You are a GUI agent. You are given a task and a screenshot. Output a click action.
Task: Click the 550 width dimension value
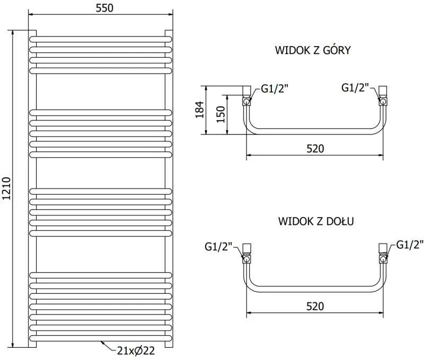click(x=104, y=8)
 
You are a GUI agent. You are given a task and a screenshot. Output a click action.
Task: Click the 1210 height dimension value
click(x=6, y=188)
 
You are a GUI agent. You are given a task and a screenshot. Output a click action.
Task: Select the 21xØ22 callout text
click(x=136, y=350)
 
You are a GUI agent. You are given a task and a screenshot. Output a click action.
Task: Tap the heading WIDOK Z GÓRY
click(x=313, y=50)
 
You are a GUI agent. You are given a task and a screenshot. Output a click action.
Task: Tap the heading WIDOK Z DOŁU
click(x=316, y=221)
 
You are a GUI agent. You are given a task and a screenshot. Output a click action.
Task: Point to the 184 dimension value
click(x=200, y=110)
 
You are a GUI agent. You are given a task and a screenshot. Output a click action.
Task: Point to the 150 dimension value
click(x=220, y=114)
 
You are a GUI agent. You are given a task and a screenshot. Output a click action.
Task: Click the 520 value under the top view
click(x=315, y=149)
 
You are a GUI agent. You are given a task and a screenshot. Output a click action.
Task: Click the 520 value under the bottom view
click(x=315, y=306)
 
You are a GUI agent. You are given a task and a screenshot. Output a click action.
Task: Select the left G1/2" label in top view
click(x=275, y=88)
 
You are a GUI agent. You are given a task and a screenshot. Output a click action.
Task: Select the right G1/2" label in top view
click(x=355, y=87)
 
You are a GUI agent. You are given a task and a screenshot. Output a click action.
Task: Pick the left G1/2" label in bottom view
click(x=218, y=247)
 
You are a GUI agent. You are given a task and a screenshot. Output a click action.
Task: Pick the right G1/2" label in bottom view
click(x=410, y=245)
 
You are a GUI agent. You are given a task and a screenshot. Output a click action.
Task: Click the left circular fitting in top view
click(x=246, y=102)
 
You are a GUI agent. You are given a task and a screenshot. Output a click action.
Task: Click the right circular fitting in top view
click(x=383, y=102)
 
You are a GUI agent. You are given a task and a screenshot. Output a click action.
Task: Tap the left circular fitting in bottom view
click(x=246, y=259)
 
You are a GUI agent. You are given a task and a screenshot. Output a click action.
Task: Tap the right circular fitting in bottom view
click(x=383, y=259)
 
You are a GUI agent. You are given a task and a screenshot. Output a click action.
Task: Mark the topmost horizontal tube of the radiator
click(x=101, y=39)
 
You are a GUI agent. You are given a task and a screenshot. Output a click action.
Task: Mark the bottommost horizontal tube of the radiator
click(x=101, y=338)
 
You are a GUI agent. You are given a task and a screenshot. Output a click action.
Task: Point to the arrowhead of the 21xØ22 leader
click(x=102, y=342)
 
